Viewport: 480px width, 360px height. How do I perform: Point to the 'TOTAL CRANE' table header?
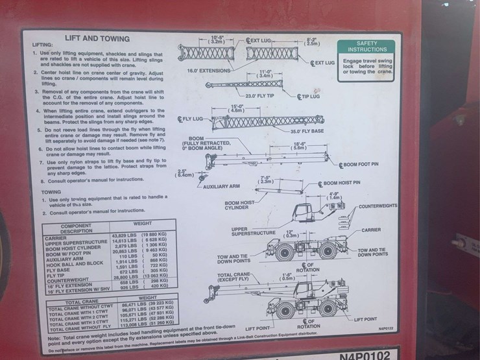(x=81, y=302)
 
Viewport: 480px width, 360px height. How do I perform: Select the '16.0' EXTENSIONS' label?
(x=208, y=70)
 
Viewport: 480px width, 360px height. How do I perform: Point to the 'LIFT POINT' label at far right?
(x=383, y=318)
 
